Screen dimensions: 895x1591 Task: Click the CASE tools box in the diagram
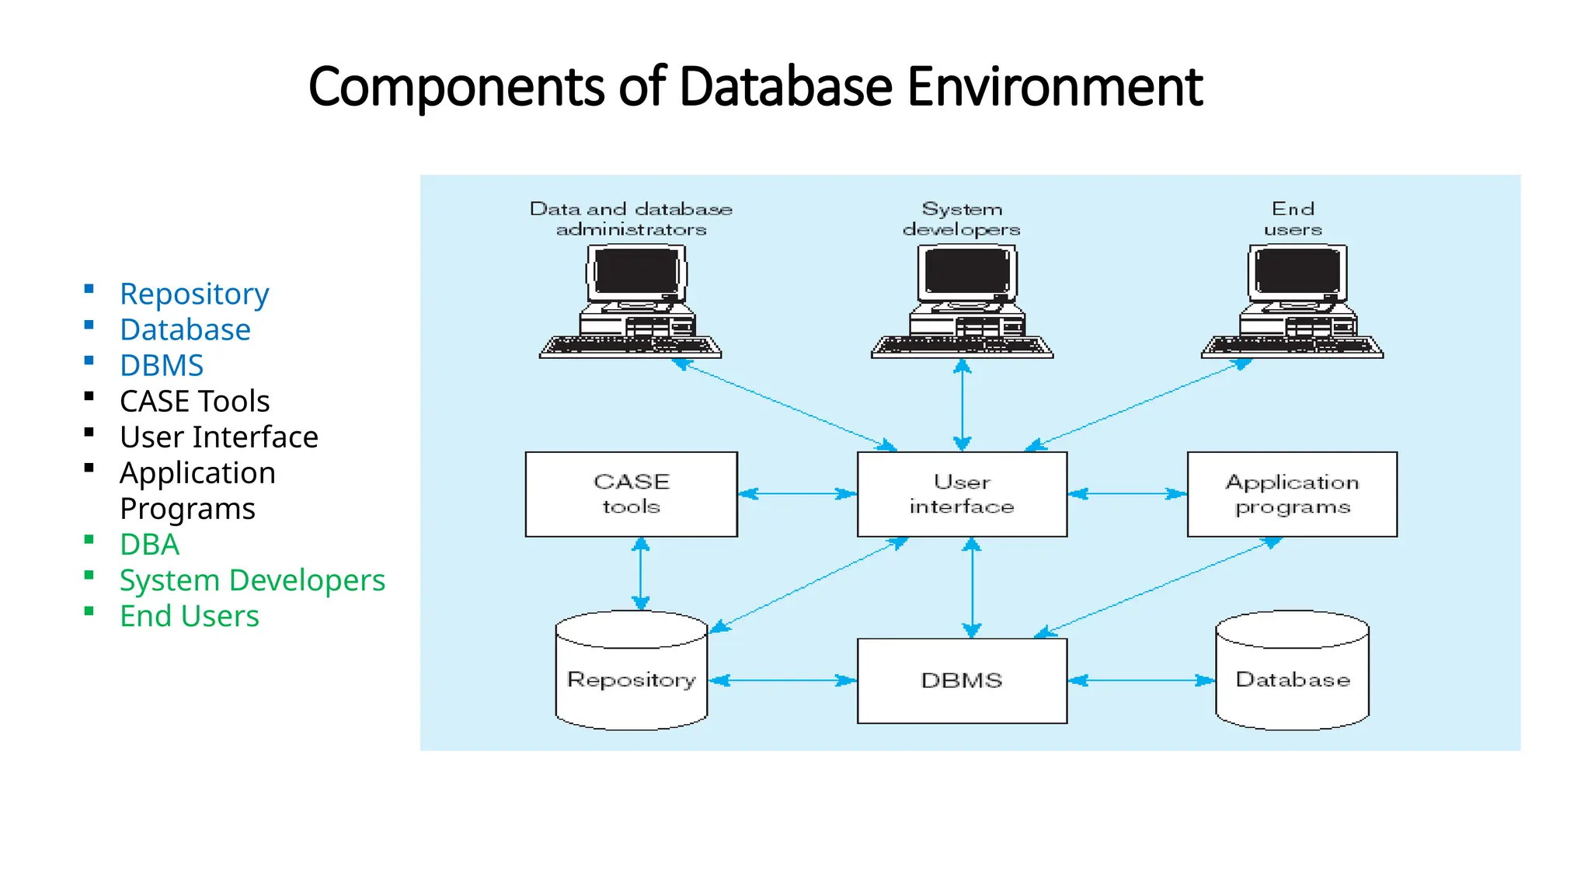click(x=631, y=494)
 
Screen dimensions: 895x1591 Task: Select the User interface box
click(x=962, y=494)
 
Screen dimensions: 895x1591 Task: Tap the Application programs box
click(x=1292, y=494)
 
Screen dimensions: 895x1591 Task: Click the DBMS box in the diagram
click(x=962, y=681)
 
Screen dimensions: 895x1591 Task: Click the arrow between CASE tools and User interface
click(x=797, y=493)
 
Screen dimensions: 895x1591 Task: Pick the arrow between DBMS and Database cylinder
click(x=1140, y=681)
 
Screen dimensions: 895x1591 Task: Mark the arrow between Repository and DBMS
click(x=783, y=681)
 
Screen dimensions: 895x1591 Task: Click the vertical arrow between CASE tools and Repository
click(x=640, y=573)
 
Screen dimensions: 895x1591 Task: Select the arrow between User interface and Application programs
click(x=1127, y=493)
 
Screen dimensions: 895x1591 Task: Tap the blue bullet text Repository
click(x=194, y=294)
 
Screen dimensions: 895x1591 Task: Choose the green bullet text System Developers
click(x=252, y=580)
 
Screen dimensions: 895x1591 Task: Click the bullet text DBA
click(x=149, y=545)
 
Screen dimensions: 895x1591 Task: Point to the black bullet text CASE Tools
click(x=194, y=402)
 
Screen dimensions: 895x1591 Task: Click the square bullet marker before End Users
click(x=89, y=611)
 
